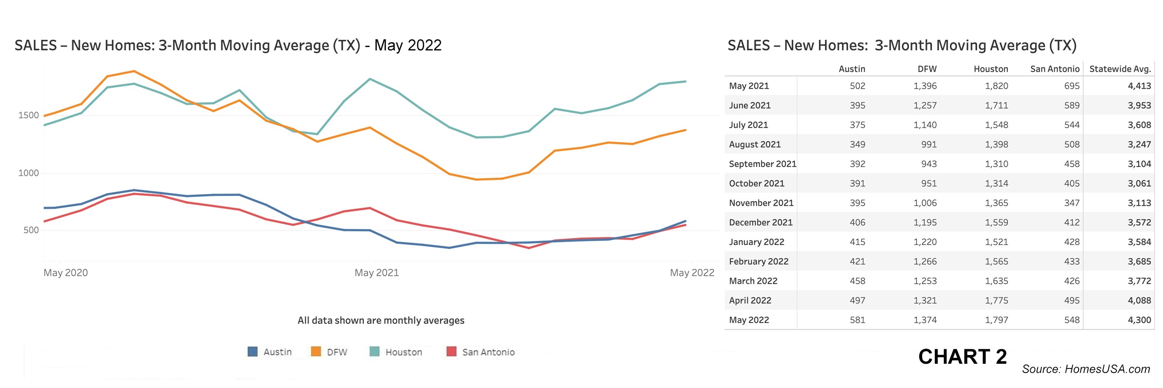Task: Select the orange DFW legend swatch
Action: (316, 352)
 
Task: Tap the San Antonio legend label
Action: (488, 352)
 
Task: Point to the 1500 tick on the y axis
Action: (29, 115)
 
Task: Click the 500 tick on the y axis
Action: (31, 230)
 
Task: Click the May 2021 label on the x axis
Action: (377, 273)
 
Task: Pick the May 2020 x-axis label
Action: (66, 273)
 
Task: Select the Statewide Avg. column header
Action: (1120, 69)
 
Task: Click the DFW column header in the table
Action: (927, 69)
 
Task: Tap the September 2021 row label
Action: (762, 164)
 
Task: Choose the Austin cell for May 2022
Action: (857, 320)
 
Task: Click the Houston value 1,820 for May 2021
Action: (996, 86)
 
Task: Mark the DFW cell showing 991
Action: (928, 145)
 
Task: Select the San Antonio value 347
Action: (1071, 203)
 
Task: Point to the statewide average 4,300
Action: (1139, 320)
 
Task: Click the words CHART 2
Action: (962, 357)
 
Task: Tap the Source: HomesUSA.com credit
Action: (1085, 370)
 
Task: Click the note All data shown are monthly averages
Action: (381, 321)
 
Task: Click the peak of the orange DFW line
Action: (134, 71)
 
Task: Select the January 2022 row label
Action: (756, 242)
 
